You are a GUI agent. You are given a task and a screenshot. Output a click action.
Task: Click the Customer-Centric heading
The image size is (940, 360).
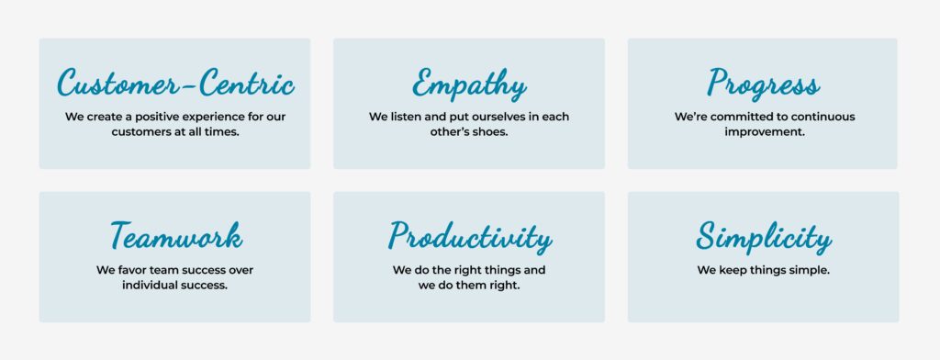click(175, 83)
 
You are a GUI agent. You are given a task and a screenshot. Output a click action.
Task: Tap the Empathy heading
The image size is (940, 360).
click(469, 84)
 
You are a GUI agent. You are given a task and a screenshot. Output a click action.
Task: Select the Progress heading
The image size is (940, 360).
click(763, 83)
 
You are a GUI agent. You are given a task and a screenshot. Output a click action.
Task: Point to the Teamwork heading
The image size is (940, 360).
click(176, 235)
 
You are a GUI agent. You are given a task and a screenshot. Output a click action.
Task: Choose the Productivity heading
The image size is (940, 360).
click(469, 237)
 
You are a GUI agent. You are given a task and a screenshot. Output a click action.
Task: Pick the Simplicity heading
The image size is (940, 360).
click(764, 237)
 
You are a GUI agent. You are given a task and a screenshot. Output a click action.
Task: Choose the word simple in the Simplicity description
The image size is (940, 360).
click(811, 271)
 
